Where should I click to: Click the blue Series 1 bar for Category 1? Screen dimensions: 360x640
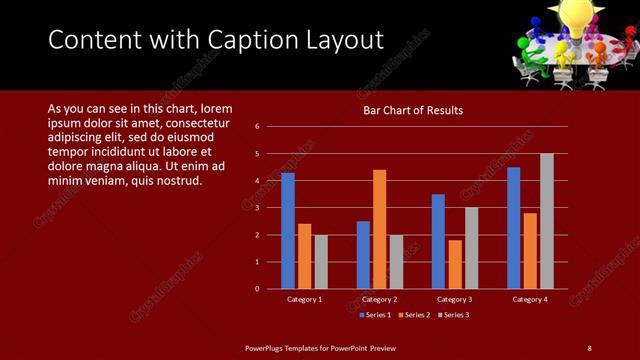[x=288, y=230]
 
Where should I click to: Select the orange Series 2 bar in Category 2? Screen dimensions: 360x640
[x=380, y=229]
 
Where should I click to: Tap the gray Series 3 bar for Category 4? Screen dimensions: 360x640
[x=547, y=221]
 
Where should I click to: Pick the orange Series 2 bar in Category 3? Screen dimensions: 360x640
[x=455, y=264]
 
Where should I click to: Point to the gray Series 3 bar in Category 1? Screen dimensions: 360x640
[x=321, y=262]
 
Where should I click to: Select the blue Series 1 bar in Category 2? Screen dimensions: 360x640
[x=363, y=255]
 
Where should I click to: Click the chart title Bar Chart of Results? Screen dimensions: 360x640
[x=412, y=110]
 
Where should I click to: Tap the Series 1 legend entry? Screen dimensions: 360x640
[x=374, y=315]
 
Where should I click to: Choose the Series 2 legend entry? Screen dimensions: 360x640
[x=413, y=315]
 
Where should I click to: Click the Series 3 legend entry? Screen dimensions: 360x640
[x=452, y=315]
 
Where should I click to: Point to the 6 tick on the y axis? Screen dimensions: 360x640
[x=257, y=127]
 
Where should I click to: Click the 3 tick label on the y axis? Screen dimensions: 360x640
[x=257, y=208]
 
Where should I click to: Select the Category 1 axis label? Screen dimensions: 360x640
[x=305, y=299]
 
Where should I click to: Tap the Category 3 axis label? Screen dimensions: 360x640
[x=455, y=299]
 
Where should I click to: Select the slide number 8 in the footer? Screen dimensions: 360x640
[x=589, y=347]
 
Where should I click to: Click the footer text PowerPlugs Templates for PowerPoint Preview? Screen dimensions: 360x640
[x=320, y=347]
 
